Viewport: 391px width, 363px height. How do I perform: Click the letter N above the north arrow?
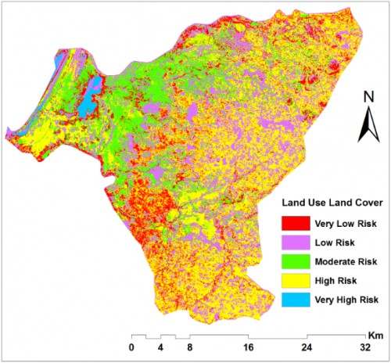click(x=367, y=98)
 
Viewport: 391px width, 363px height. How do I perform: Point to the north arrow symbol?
click(x=367, y=125)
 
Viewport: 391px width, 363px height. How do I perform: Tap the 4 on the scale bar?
click(x=160, y=347)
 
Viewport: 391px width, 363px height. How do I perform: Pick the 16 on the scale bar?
click(x=249, y=347)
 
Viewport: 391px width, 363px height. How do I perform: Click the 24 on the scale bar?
click(x=308, y=347)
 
